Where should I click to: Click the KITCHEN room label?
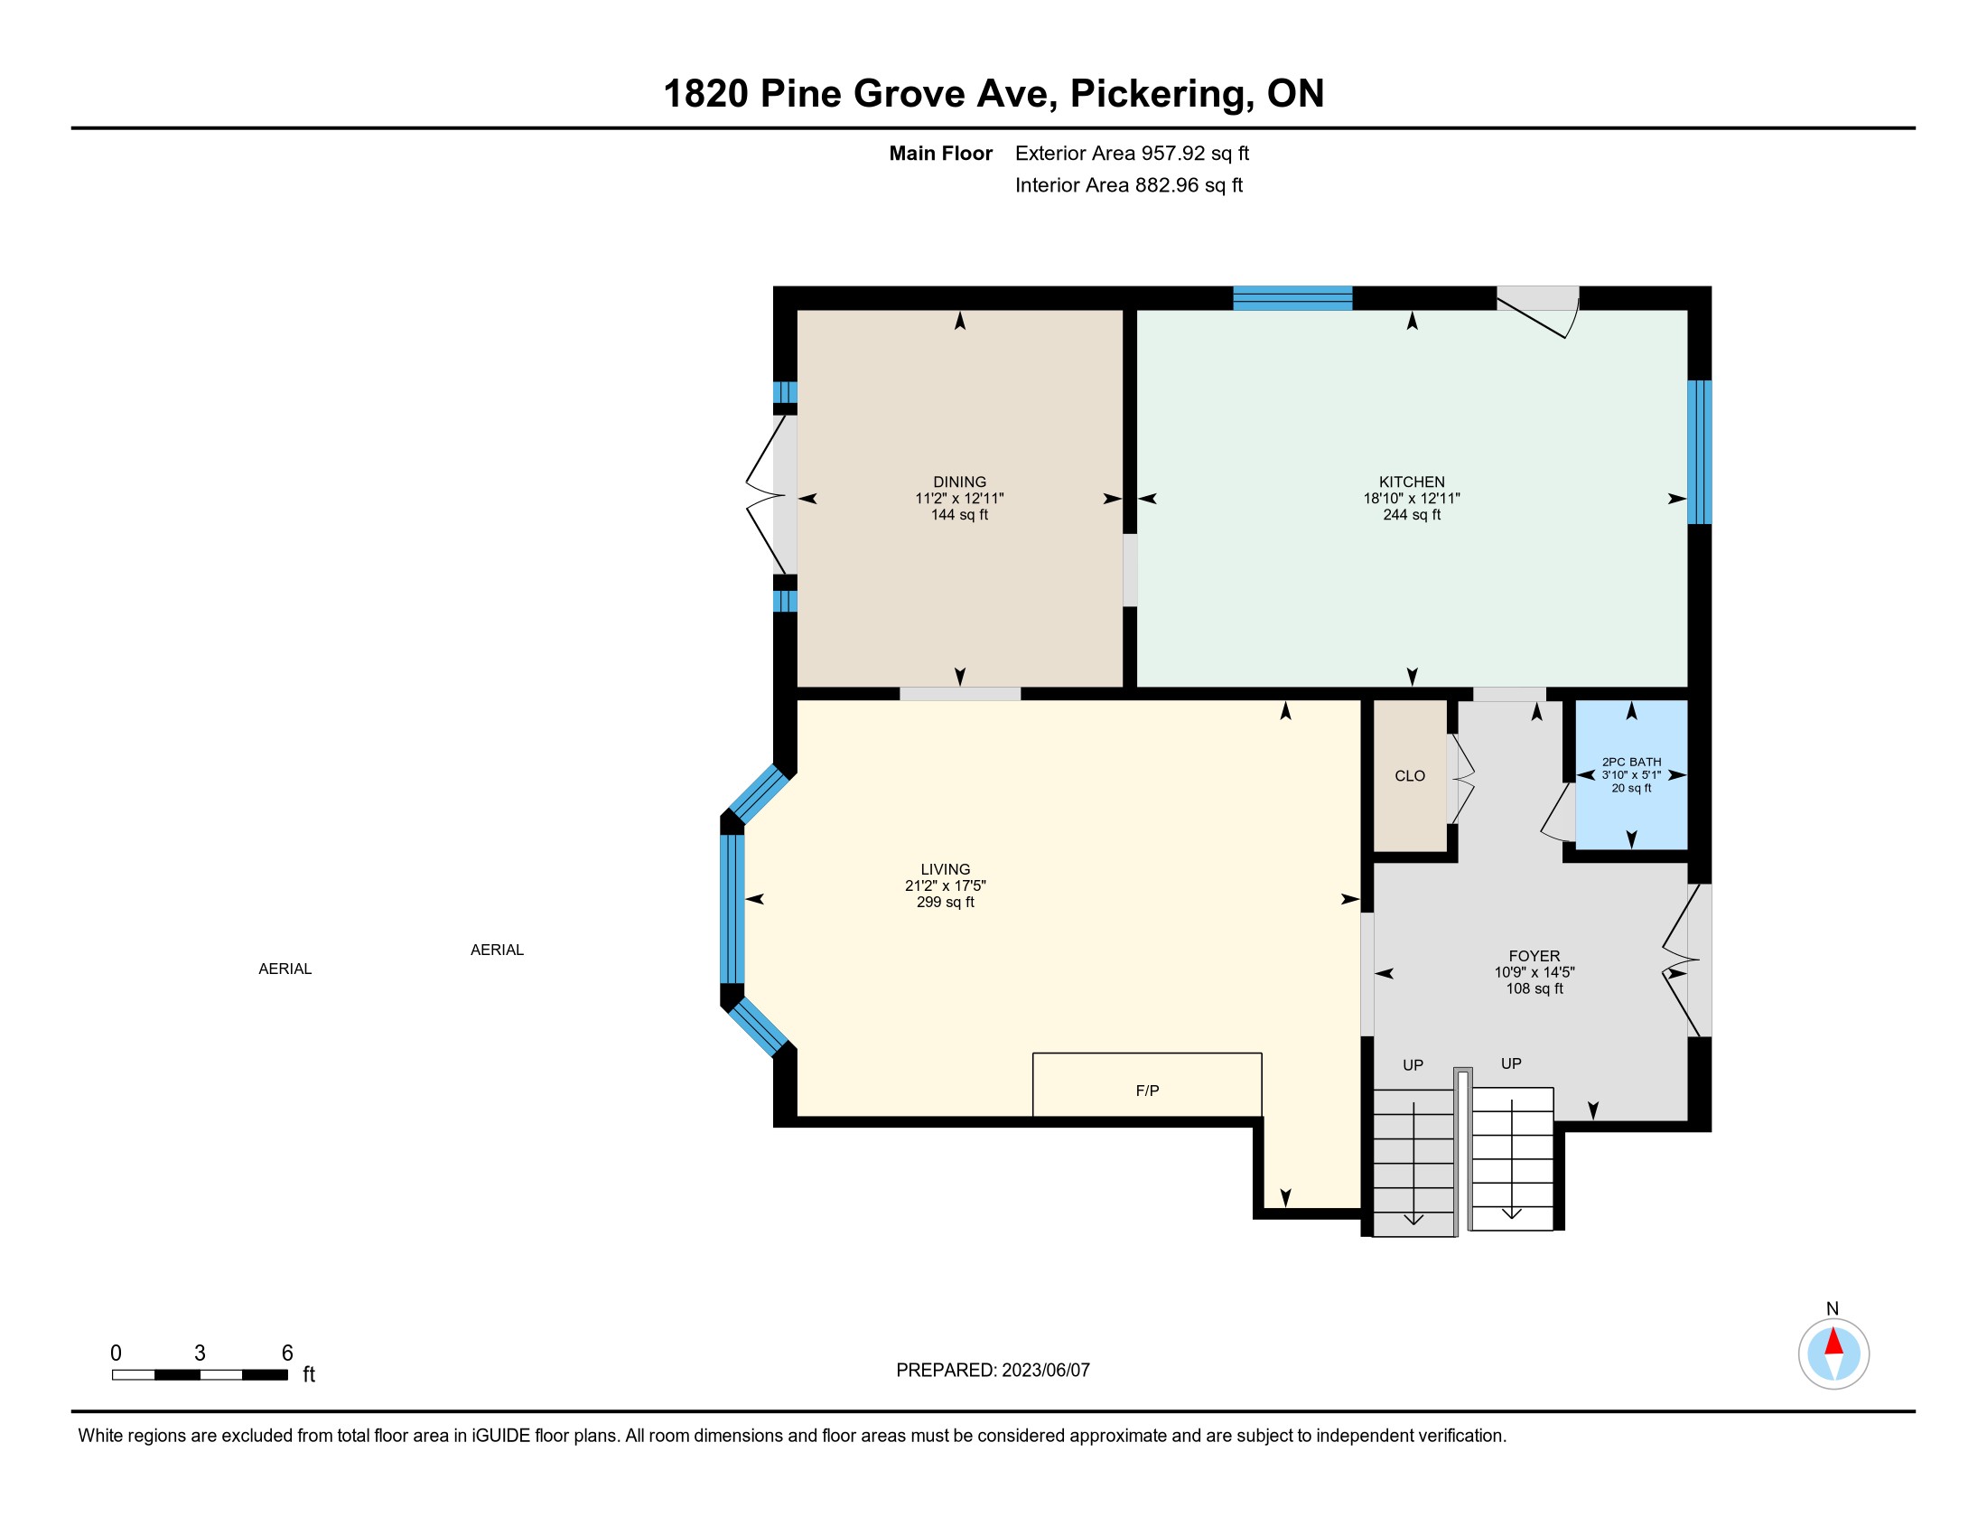click(x=1411, y=482)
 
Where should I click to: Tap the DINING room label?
click(x=960, y=482)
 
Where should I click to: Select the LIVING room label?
click(x=946, y=869)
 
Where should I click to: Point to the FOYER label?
click(x=1534, y=955)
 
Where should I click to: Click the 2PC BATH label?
click(x=1631, y=762)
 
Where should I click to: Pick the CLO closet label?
click(x=1409, y=775)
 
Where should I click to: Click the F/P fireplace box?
click(x=1147, y=1084)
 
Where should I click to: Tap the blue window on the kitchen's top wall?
click(x=1292, y=298)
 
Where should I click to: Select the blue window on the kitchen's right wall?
click(x=1700, y=453)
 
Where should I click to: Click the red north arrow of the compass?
click(x=1833, y=1342)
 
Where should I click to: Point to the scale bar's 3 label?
click(x=200, y=1353)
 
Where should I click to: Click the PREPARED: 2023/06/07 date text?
click(x=993, y=1370)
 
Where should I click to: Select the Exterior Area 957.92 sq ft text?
click(x=1132, y=153)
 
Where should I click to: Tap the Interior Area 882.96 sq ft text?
click(x=1128, y=184)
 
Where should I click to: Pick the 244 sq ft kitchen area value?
click(x=1411, y=515)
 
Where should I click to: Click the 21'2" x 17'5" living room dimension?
click(x=946, y=885)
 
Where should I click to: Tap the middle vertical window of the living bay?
click(x=732, y=909)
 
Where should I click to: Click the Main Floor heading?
click(x=941, y=153)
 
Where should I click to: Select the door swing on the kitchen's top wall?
click(x=1538, y=314)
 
